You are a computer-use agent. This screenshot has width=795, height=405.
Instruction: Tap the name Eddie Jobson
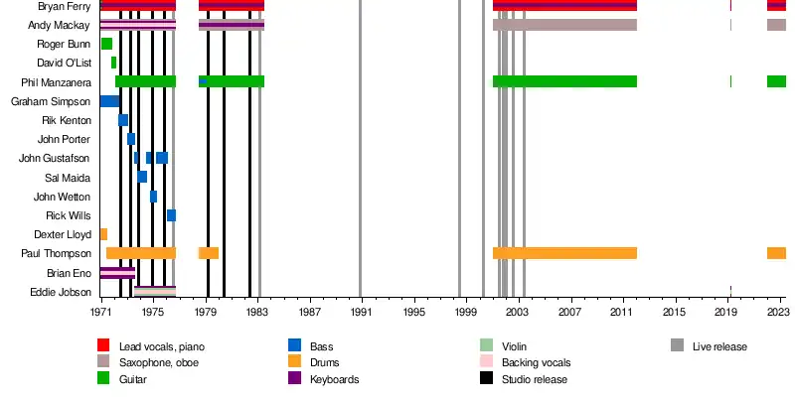[x=62, y=292]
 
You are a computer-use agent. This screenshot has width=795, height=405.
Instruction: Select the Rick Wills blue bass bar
[x=171, y=215]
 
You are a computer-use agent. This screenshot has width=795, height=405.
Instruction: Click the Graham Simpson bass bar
[x=109, y=101]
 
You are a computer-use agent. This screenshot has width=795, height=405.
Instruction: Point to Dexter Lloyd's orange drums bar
[x=103, y=234]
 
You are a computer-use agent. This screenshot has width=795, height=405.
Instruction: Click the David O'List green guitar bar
[x=113, y=63]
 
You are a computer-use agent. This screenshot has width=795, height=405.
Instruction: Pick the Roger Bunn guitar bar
[x=106, y=44]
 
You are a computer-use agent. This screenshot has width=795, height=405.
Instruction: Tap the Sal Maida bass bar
[x=142, y=177]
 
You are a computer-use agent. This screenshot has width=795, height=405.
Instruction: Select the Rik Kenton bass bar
[x=123, y=120]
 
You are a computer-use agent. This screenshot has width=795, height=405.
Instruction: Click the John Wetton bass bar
[x=153, y=197]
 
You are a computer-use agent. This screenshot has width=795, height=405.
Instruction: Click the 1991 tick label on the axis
[x=361, y=312]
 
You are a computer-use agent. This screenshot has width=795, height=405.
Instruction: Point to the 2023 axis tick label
[x=776, y=312]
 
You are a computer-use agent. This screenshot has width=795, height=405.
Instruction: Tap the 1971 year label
[x=100, y=312]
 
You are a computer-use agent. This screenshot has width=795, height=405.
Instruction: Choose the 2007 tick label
[x=569, y=312]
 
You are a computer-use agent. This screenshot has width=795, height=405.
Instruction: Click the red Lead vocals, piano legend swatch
[x=102, y=345]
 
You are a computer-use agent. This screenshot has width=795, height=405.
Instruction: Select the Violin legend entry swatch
[x=486, y=345]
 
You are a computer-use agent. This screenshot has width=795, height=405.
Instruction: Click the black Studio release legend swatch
[x=486, y=379]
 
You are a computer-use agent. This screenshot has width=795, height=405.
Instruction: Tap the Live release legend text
[x=719, y=346]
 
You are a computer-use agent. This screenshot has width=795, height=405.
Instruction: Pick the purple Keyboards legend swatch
[x=294, y=379]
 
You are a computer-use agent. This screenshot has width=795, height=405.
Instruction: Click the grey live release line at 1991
[x=361, y=149]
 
